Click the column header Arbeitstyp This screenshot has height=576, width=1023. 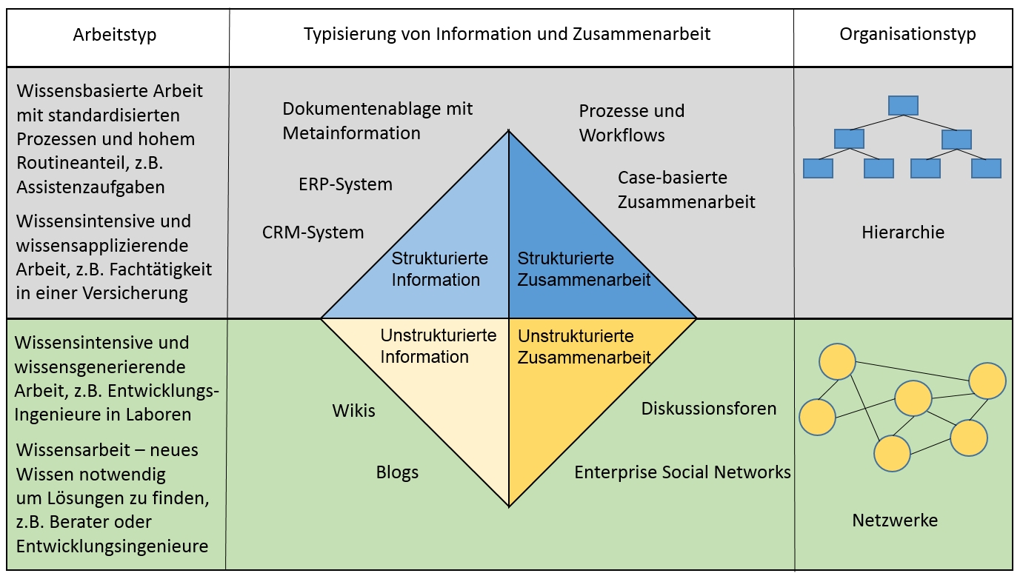(x=115, y=35)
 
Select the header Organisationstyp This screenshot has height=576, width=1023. (x=907, y=34)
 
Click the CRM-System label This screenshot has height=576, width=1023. (x=313, y=232)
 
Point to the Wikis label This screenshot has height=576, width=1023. (x=353, y=410)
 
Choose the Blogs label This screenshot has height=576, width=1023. (x=397, y=472)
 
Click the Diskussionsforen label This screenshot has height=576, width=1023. (x=709, y=409)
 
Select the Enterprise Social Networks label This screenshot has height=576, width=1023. (x=682, y=472)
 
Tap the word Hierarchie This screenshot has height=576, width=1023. (x=903, y=232)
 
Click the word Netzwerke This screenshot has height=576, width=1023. (x=895, y=520)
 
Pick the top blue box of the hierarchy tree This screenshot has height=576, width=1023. (x=903, y=105)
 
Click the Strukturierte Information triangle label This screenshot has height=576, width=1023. (x=439, y=269)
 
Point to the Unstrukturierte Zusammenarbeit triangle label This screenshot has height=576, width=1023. (x=584, y=346)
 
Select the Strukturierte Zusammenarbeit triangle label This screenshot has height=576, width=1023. (x=584, y=269)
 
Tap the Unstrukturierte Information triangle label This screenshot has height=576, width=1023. (x=438, y=346)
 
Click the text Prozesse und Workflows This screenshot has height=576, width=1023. (x=631, y=123)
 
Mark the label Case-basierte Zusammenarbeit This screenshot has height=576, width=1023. (x=686, y=190)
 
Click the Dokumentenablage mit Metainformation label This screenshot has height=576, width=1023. (x=377, y=121)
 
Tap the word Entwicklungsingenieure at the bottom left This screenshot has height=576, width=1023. (x=112, y=546)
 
